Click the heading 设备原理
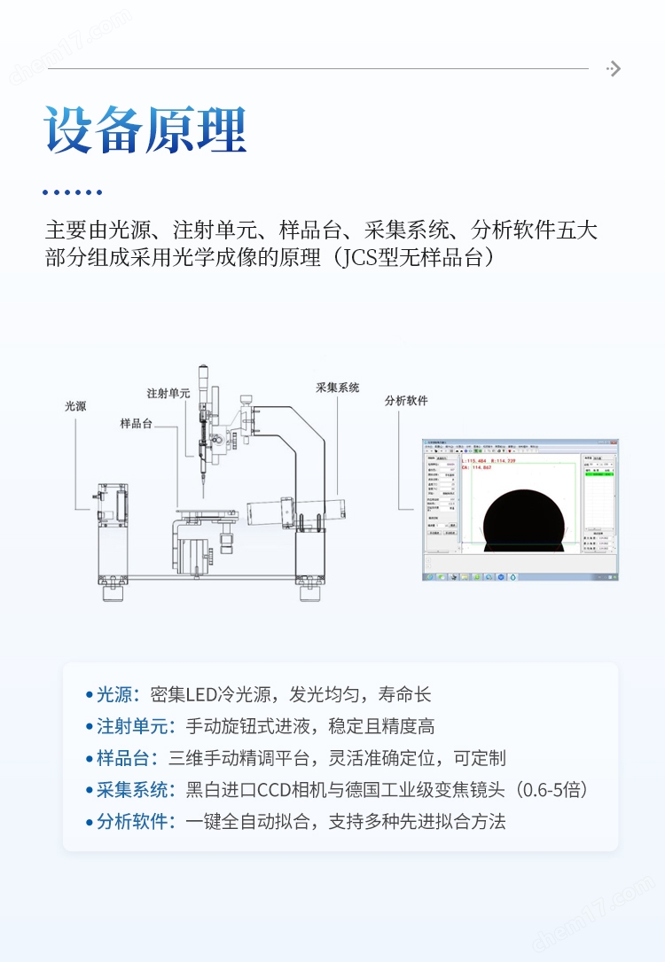click(x=145, y=131)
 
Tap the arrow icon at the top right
click(x=613, y=69)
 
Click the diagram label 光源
click(x=75, y=406)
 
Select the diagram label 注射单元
click(x=168, y=392)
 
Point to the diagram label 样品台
click(x=137, y=424)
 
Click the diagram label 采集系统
click(x=338, y=387)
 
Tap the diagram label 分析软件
click(x=406, y=401)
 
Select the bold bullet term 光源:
click(x=118, y=694)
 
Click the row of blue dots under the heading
click(x=73, y=192)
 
